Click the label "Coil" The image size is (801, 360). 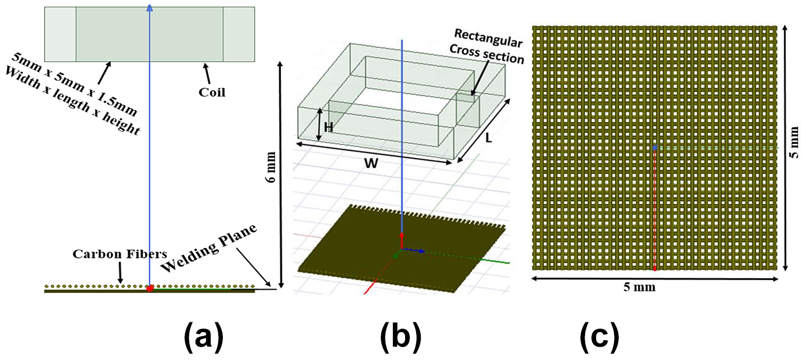click(x=212, y=92)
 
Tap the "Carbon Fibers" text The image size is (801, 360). click(x=120, y=254)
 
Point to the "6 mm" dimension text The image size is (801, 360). click(x=272, y=167)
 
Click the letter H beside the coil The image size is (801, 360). click(x=329, y=127)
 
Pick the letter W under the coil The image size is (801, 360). click(x=371, y=164)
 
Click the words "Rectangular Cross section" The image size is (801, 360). click(x=487, y=46)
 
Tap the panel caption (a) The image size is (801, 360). click(x=204, y=337)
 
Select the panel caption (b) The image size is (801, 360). click(x=401, y=337)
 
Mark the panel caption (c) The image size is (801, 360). click(x=600, y=337)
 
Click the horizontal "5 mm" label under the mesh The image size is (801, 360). click(x=640, y=287)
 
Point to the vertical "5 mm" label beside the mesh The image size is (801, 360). click(x=793, y=142)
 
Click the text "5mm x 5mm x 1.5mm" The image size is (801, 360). click(x=74, y=84)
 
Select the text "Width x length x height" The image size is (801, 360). click(x=72, y=101)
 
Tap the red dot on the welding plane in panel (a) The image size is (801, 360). click(x=150, y=288)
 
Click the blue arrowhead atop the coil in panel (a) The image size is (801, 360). click(x=150, y=8)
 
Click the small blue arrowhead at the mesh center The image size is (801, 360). click(x=655, y=147)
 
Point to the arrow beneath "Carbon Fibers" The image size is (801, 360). click(x=120, y=273)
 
